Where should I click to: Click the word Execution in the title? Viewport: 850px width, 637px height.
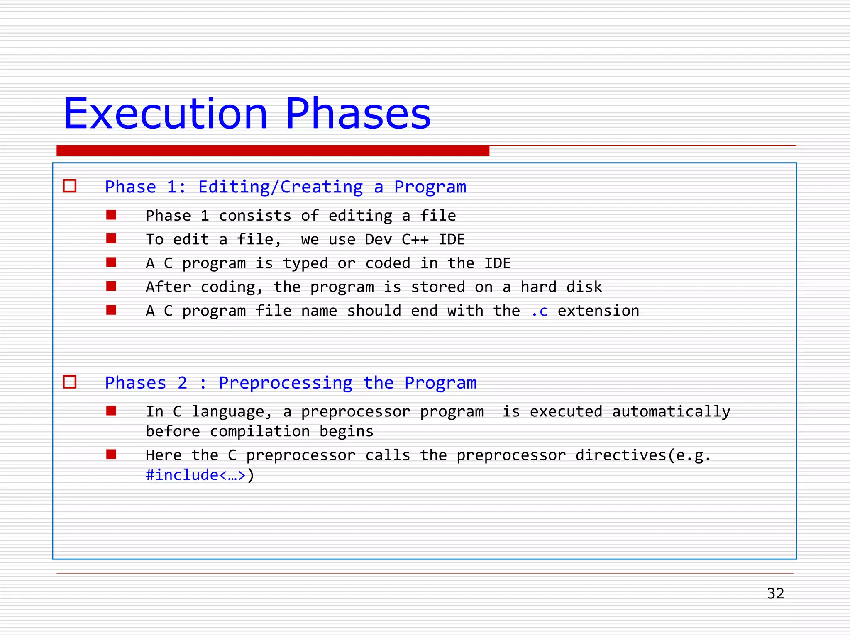tap(165, 114)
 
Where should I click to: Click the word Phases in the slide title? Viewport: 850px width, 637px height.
tap(358, 114)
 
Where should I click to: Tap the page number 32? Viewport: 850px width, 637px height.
tap(775, 593)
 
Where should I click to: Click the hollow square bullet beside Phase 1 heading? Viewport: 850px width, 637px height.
tap(70, 186)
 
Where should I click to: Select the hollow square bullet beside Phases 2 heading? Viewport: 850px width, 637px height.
tap(70, 382)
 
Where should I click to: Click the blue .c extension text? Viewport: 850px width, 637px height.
tap(539, 311)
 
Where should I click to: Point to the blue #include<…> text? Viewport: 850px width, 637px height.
tap(195, 475)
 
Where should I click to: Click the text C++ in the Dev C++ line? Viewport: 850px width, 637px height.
tap(415, 239)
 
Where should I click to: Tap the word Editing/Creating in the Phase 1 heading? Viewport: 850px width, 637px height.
tap(281, 187)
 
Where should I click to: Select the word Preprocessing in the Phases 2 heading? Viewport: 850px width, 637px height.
tap(286, 383)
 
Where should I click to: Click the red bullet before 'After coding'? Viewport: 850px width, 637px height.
tap(111, 286)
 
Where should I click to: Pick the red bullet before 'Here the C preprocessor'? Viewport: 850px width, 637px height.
tap(111, 455)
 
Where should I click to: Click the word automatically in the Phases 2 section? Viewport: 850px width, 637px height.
tap(671, 412)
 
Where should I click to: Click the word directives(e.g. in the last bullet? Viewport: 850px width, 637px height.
tap(643, 455)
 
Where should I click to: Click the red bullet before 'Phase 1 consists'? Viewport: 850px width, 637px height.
tap(111, 215)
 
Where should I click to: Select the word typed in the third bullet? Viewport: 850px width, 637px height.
tap(305, 263)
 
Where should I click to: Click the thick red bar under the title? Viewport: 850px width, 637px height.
tap(273, 151)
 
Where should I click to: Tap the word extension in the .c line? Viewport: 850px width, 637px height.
tap(598, 311)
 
